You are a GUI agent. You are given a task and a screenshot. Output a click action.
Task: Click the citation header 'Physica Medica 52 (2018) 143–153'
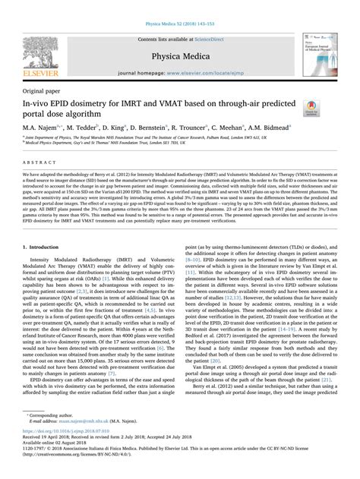(x=180, y=6)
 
